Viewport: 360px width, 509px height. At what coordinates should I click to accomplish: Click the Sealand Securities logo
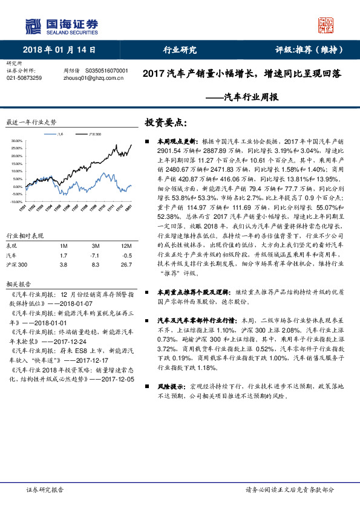click(61, 25)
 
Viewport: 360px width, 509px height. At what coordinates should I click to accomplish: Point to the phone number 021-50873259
click(24, 79)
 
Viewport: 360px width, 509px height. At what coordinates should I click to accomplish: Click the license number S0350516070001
click(107, 71)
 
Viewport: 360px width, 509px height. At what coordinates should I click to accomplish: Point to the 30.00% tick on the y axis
click(16, 141)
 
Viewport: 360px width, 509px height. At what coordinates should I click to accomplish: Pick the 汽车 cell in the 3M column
click(96, 256)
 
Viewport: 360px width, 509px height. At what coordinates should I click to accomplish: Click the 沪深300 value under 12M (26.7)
click(126, 265)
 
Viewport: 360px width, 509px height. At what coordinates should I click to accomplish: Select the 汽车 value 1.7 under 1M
click(64, 256)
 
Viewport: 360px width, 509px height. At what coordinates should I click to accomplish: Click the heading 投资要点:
click(162, 122)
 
